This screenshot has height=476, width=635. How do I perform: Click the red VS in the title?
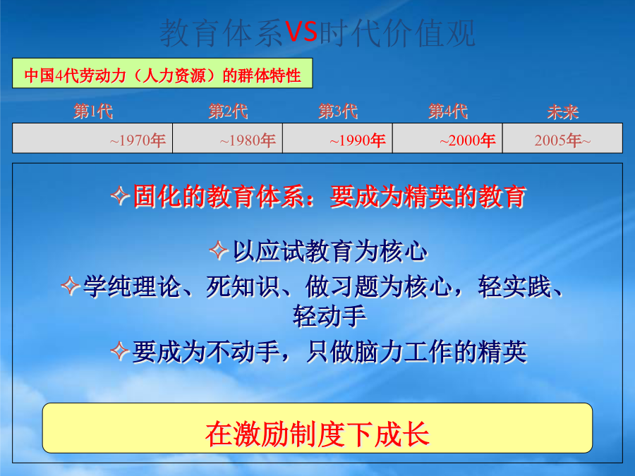point(302,32)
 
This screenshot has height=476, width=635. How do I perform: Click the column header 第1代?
point(93,111)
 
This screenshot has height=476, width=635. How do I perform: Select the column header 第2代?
point(229,111)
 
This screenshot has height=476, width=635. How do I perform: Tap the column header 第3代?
point(338,111)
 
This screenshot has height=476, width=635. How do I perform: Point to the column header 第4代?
point(448,111)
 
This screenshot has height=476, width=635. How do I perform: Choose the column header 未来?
point(563,112)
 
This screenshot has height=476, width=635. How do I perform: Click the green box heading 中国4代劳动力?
point(162,73)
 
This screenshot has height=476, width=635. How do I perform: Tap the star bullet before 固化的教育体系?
point(120,196)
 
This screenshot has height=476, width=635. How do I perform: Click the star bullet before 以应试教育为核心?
point(219,250)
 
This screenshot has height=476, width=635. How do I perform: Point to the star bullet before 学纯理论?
point(71,286)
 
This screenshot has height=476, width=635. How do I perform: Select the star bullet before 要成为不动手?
point(120,350)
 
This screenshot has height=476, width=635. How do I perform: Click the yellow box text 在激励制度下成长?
point(317,434)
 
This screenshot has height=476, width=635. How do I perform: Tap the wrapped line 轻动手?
point(329,317)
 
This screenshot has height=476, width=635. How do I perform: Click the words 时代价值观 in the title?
point(397,32)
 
